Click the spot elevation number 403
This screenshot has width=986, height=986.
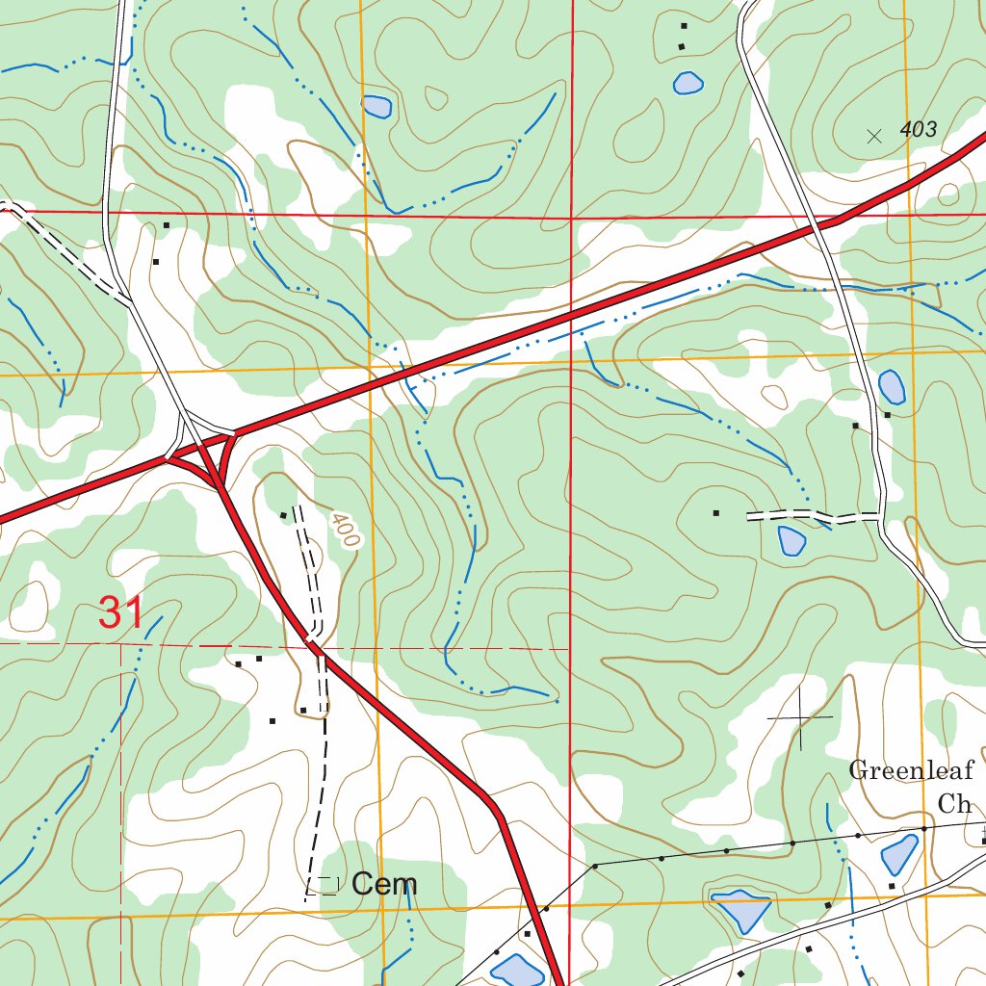919,130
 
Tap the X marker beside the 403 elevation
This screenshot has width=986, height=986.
874,137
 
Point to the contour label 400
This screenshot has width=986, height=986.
344,531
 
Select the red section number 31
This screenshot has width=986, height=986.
121,613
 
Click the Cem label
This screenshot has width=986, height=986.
384,884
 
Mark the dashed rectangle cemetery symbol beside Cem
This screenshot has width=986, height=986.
327,884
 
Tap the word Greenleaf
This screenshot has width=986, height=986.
911,770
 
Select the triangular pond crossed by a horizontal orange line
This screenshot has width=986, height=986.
740,908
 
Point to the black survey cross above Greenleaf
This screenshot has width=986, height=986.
800,718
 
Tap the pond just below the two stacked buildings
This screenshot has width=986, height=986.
688,84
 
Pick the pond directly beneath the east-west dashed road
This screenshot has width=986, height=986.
791,541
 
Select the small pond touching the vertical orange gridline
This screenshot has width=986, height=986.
376,105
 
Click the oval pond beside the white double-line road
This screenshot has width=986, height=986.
893,387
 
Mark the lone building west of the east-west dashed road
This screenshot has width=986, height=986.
715,513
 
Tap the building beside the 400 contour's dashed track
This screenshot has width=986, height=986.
283,515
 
